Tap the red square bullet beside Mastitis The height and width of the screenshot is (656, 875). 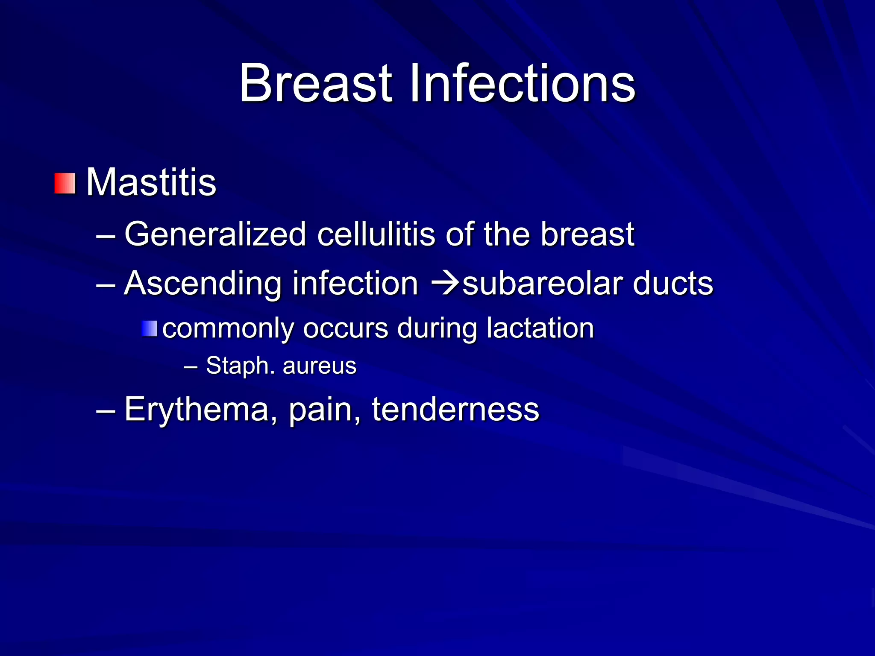pos(65,184)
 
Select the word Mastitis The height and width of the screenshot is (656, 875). pos(152,183)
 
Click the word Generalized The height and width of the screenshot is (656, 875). pos(215,234)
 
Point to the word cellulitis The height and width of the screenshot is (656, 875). pos(376,234)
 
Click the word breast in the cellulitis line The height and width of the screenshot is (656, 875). pos(587,234)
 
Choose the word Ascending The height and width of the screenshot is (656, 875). pos(203,284)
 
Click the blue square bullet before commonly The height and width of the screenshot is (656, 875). pos(149,329)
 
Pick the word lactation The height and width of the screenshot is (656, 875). pos(540,328)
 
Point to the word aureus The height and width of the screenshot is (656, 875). pos(320,366)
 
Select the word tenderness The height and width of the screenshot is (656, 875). pos(455,410)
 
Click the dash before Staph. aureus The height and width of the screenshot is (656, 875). pos(191,366)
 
